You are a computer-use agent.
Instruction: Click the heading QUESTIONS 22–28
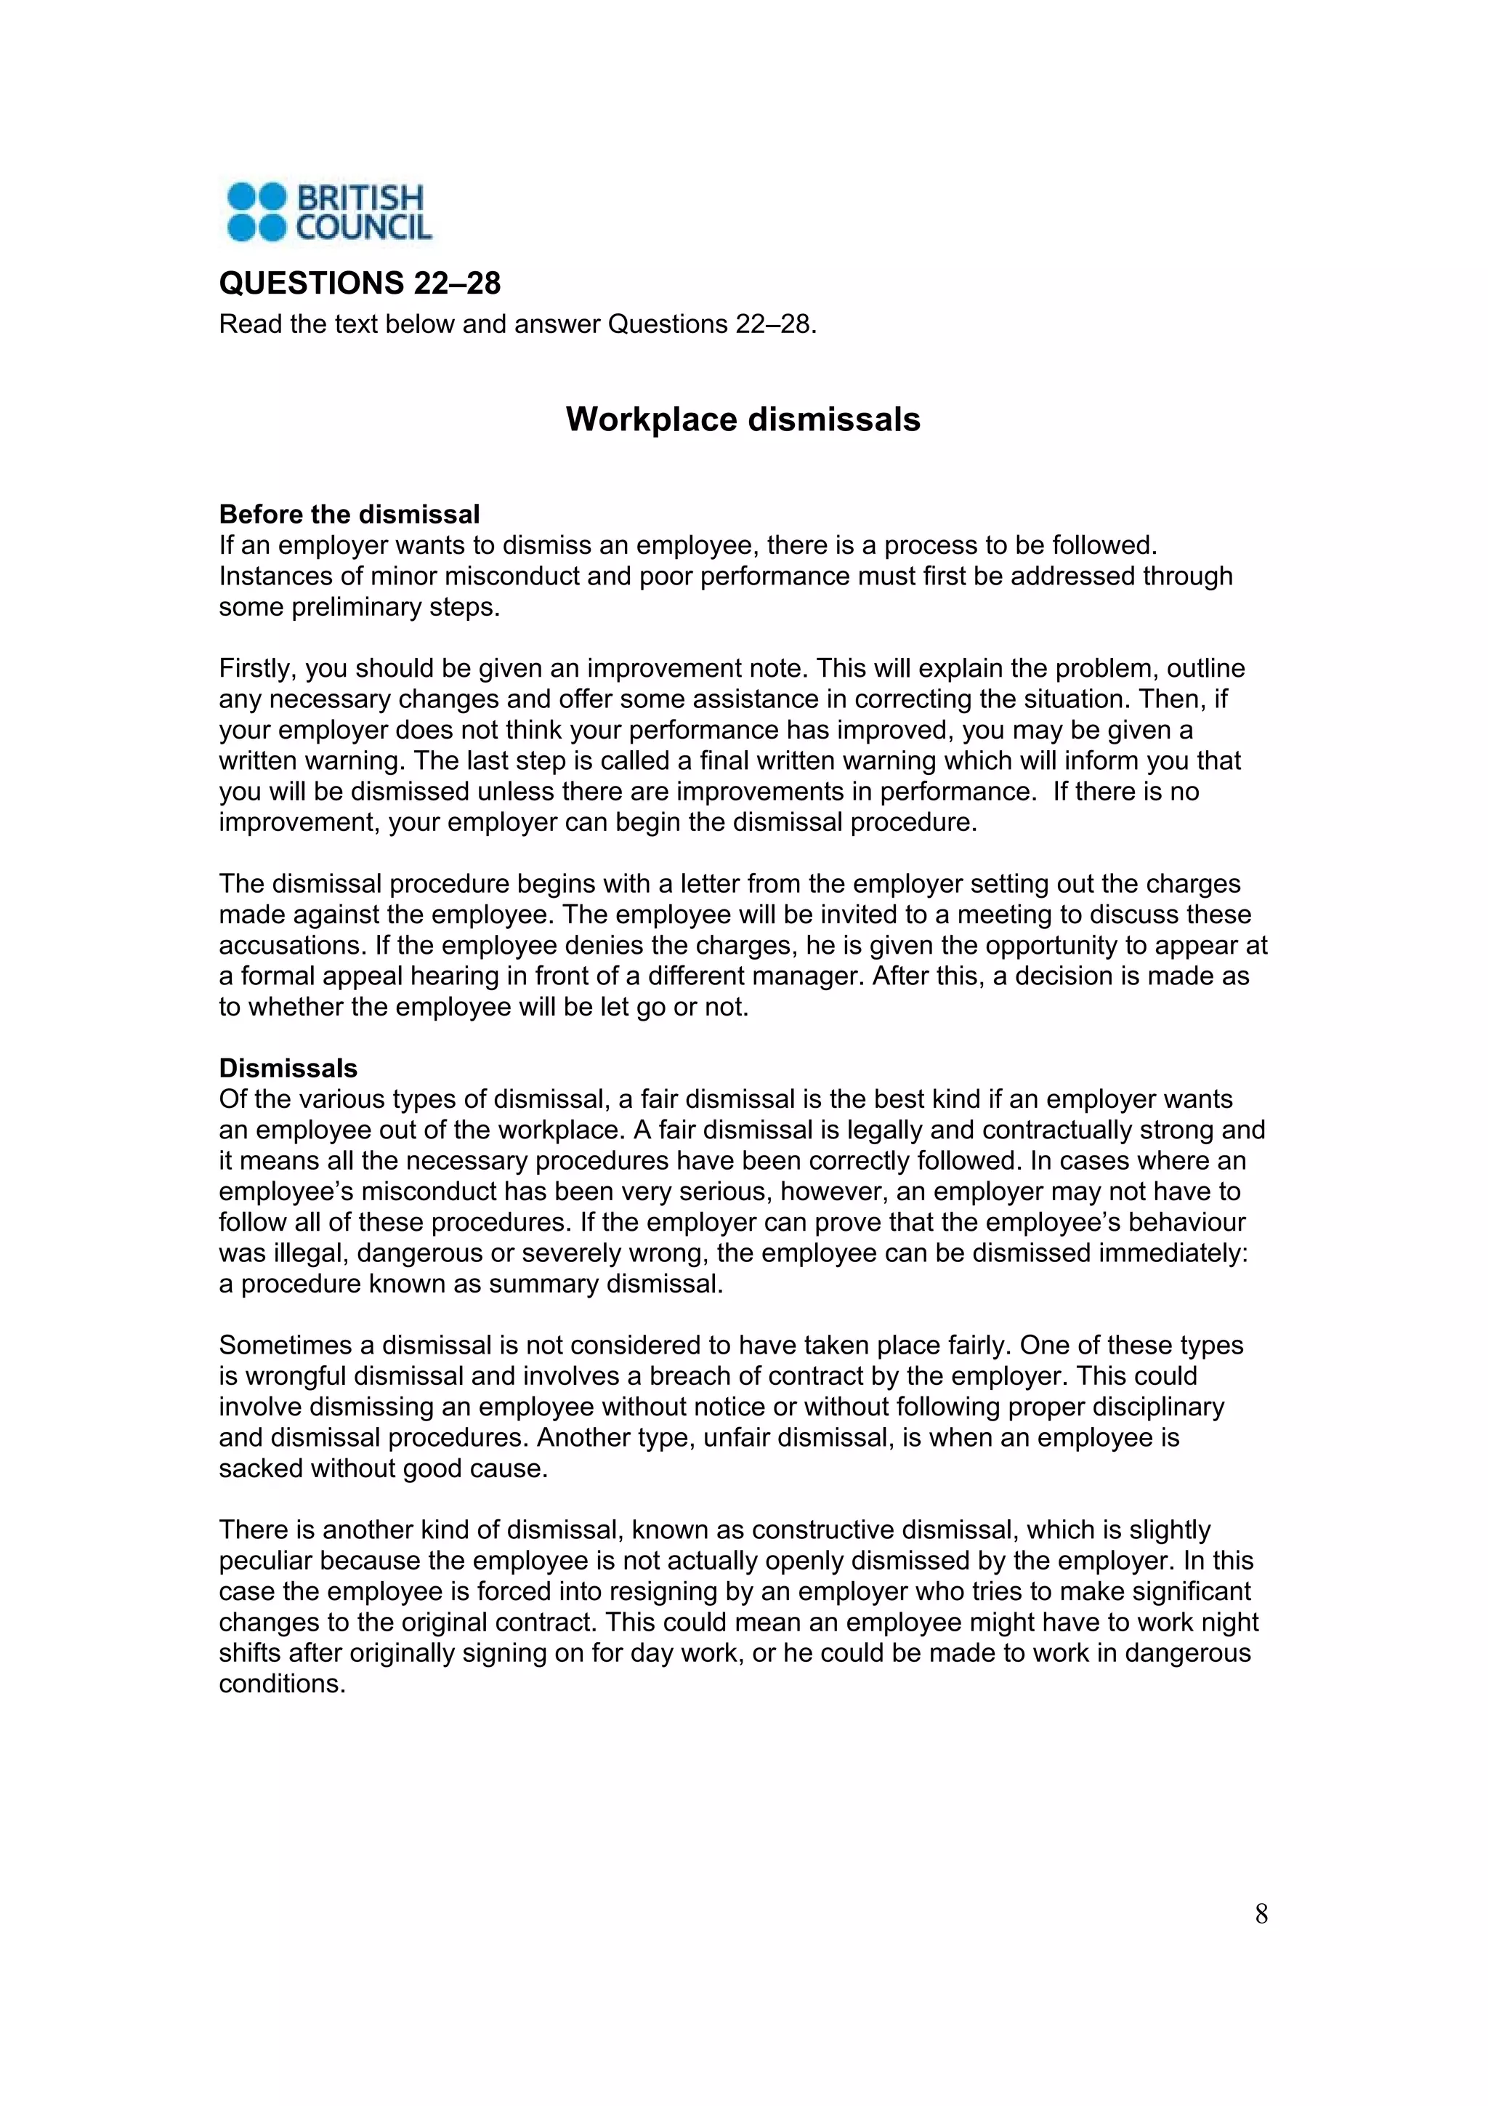[x=360, y=283]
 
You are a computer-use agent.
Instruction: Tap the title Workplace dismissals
[x=743, y=419]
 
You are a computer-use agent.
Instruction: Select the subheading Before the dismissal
[x=349, y=514]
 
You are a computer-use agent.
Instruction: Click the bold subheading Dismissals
[x=288, y=1068]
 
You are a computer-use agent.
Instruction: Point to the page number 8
[x=1261, y=1914]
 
